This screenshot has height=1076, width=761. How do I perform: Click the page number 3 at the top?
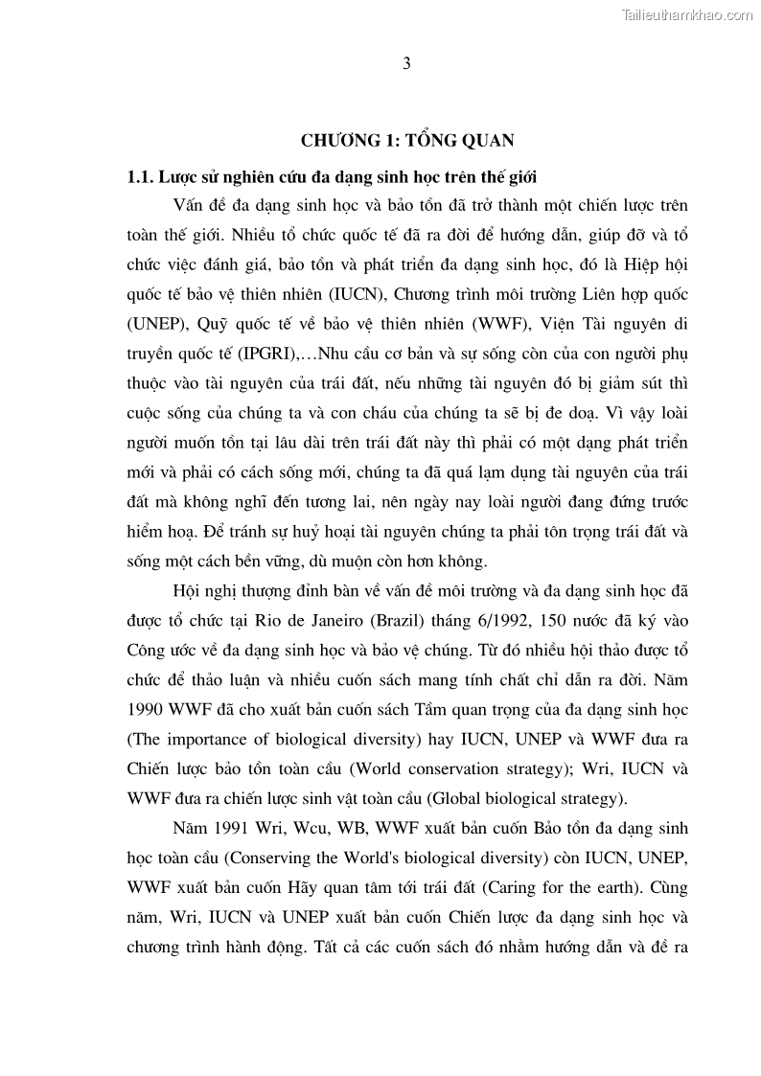pyautogui.click(x=406, y=64)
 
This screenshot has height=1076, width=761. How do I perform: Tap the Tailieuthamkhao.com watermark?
pyautogui.click(x=687, y=15)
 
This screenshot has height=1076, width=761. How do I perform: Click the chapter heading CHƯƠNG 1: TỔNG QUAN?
pyautogui.click(x=407, y=141)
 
